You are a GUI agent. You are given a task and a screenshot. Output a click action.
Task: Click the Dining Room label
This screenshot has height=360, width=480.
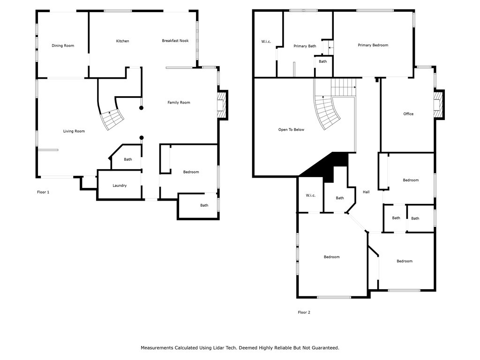[63, 45]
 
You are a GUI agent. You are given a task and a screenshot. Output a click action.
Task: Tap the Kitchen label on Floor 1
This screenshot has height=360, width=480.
[122, 41]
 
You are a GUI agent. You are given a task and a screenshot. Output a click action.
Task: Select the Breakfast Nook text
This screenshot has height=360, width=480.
[175, 41]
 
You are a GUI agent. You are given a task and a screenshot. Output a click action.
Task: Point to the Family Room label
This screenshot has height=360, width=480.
[179, 102]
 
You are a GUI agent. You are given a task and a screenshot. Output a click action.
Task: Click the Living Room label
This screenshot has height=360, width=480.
[74, 131]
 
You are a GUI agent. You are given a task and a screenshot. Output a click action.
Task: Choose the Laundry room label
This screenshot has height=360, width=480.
[120, 186]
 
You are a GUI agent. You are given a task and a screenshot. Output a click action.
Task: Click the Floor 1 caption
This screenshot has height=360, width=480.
[43, 192]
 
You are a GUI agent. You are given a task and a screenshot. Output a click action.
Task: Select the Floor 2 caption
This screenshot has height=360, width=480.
[304, 312]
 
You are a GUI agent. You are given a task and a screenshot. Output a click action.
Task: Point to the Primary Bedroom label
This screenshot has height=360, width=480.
[373, 45]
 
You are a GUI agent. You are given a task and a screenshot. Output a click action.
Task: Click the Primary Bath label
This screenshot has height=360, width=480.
[305, 46]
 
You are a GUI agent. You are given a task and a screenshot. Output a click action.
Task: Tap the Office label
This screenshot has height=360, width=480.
[408, 114]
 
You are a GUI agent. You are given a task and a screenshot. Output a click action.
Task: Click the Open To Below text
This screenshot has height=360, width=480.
[291, 129]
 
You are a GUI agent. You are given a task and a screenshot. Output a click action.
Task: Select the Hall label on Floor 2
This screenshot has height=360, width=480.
[366, 192]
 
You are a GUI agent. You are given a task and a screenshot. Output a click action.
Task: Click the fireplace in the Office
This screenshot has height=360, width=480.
[438, 103]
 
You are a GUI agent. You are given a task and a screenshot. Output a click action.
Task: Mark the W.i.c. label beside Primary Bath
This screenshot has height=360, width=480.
[266, 42]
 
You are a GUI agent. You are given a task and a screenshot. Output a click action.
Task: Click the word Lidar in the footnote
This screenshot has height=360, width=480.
[214, 348]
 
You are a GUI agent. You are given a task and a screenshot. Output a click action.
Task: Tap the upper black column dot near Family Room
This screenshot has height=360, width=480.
[141, 108]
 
